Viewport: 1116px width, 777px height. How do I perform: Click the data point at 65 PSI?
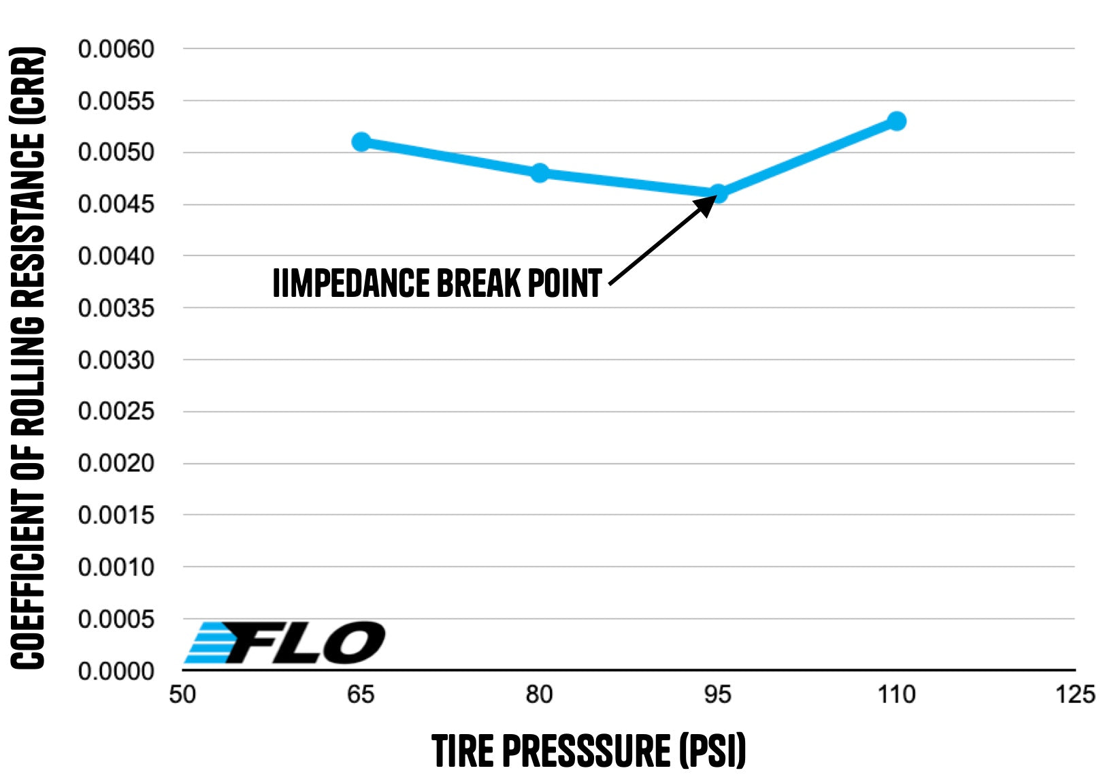pos(361,142)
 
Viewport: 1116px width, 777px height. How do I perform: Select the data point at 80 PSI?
pos(540,173)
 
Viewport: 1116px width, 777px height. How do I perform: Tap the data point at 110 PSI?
pos(897,121)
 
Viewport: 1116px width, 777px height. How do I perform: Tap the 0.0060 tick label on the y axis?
pos(116,49)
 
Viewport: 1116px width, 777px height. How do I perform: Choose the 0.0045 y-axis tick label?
pos(116,204)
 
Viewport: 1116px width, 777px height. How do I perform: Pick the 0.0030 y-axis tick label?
pos(116,360)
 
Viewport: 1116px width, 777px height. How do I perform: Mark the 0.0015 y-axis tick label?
pos(116,515)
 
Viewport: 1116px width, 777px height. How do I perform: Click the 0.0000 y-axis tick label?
pos(116,671)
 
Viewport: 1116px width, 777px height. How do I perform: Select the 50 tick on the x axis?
pos(182,695)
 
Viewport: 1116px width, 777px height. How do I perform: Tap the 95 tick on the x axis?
pos(718,695)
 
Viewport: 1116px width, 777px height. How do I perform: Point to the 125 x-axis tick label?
pos(1075,695)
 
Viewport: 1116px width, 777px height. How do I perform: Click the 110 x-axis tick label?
pos(897,695)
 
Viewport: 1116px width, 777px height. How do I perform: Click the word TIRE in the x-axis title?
pos(463,751)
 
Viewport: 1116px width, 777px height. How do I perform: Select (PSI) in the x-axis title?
pos(712,751)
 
